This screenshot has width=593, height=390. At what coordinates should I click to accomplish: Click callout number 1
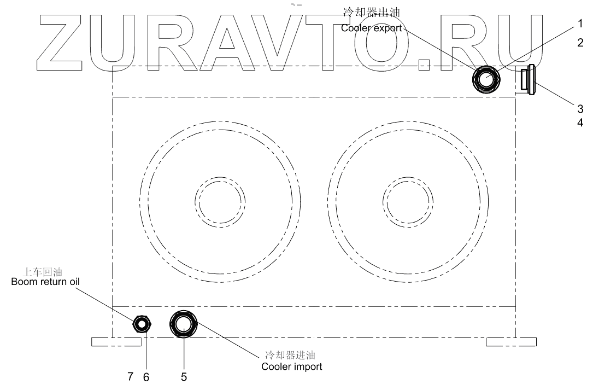580,24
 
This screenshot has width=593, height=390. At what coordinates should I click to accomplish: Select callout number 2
580,43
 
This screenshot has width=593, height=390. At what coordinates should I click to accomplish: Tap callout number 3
580,109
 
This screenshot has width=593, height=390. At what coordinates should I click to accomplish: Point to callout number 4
580,123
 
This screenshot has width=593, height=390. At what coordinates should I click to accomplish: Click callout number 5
184,377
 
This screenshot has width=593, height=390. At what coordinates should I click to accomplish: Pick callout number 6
146,377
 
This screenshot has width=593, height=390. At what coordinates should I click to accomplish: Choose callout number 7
131,376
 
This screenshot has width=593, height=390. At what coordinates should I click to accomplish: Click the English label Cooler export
372,28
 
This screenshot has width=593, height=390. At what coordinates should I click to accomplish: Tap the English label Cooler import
292,366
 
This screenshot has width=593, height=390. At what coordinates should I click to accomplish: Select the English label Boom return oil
45,282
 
